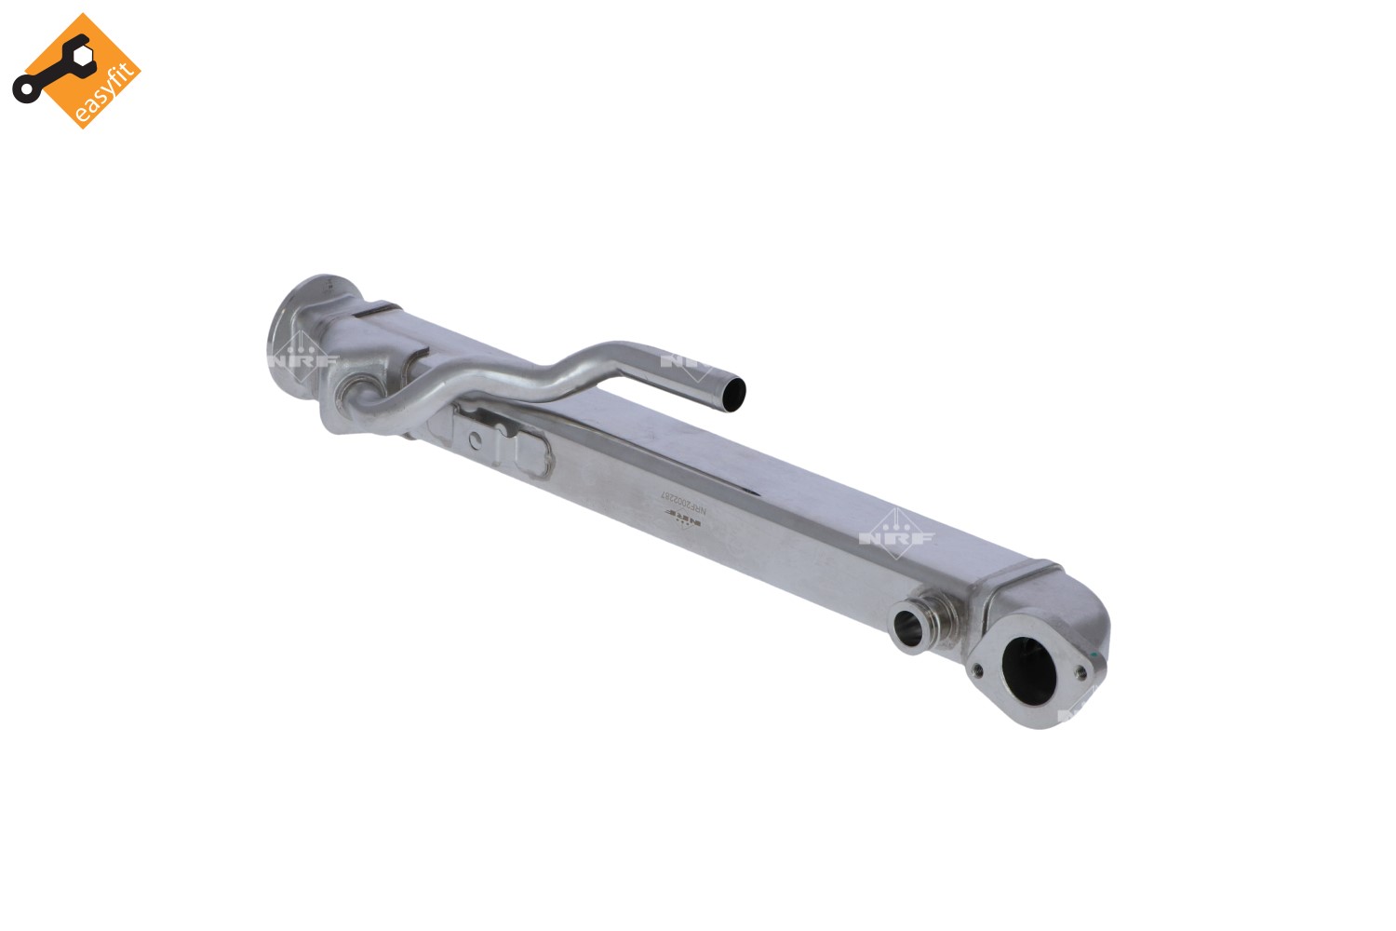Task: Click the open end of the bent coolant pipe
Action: click(x=733, y=395)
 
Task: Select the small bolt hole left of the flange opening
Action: click(x=977, y=668)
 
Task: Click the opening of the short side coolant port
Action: click(x=908, y=629)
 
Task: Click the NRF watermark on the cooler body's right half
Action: click(x=895, y=535)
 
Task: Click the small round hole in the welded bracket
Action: click(x=476, y=439)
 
